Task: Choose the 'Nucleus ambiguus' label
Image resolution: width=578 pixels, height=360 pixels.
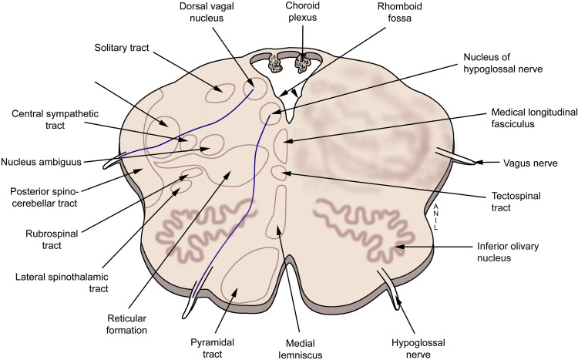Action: tap(42, 163)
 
